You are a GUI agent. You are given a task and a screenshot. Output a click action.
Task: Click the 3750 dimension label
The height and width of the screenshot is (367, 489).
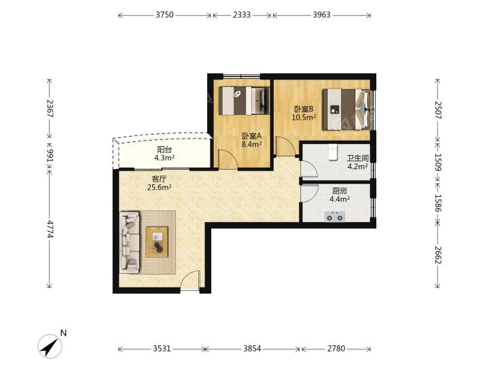tap(164, 15)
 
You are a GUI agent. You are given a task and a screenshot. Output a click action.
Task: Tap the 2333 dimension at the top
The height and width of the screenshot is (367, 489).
tap(242, 15)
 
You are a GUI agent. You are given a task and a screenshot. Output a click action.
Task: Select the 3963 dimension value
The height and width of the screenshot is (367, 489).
tap(321, 15)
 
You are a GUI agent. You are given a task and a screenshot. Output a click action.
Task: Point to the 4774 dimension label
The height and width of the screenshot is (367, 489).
tap(50, 229)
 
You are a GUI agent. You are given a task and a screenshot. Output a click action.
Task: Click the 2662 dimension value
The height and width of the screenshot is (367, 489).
tap(438, 255)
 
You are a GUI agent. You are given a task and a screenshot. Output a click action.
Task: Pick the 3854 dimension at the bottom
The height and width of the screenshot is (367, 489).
tap(252, 348)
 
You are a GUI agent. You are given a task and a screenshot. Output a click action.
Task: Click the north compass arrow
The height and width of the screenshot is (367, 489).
tap(50, 346)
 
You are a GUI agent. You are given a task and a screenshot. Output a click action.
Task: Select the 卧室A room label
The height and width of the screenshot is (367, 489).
tap(251, 136)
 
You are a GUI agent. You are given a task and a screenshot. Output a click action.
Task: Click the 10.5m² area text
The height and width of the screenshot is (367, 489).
tap(304, 118)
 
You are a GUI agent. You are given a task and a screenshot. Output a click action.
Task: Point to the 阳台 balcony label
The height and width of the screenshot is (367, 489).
tap(164, 150)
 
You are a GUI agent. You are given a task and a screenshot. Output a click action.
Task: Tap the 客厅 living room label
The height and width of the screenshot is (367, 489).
tap(159, 179)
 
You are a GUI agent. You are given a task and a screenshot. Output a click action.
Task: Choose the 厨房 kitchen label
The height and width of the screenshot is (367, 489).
tap(340, 191)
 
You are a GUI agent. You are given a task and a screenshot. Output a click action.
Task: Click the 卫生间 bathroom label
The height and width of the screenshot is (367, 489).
tap(358, 158)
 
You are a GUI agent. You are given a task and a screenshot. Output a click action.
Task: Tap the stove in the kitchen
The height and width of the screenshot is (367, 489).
tap(335, 216)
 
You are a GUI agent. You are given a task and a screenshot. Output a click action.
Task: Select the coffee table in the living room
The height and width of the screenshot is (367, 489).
tap(157, 241)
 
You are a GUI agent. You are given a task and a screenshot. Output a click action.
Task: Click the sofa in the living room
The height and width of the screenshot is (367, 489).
tap(130, 242)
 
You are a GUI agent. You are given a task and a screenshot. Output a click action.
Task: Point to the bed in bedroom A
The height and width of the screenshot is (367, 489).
tap(244, 101)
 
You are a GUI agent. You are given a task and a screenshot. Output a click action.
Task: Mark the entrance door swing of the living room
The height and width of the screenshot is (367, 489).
tap(189, 280)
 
